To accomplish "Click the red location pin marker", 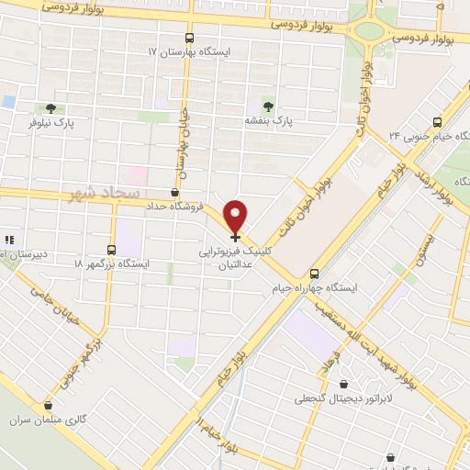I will pyautogui.click(x=236, y=216).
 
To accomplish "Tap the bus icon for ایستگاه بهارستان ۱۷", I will pyautogui.click(x=190, y=39).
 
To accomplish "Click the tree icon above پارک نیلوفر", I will pyautogui.click(x=50, y=107).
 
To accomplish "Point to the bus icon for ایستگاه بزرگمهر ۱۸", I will pyautogui.click(x=112, y=249).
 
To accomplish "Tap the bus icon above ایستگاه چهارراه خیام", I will pyautogui.click(x=315, y=274).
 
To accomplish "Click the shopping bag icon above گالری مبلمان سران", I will pyautogui.click(x=48, y=405).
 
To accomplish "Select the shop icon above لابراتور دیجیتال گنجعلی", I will pyautogui.click(x=343, y=385).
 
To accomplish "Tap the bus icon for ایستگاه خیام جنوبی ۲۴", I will pyautogui.click(x=437, y=121).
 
